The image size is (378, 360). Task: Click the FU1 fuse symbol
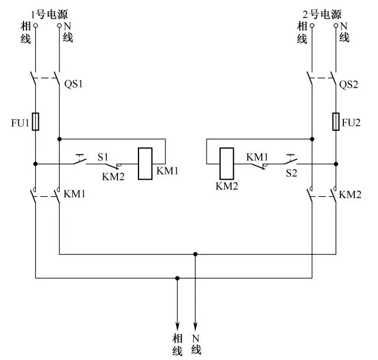click(x=35, y=122)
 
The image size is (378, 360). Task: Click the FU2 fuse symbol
click(x=336, y=122)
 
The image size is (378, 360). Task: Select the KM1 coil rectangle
click(x=145, y=164)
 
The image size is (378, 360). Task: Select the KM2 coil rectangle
click(x=227, y=164)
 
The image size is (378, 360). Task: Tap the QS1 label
click(x=73, y=84)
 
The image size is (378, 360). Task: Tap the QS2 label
click(x=348, y=85)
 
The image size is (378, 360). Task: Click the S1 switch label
click(x=103, y=157)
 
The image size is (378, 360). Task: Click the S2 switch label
click(x=291, y=173)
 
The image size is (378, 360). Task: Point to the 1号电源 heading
click(x=49, y=15)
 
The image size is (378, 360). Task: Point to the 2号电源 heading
click(x=322, y=15)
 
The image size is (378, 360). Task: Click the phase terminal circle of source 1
click(x=35, y=25)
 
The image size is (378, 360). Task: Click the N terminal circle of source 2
click(x=336, y=25)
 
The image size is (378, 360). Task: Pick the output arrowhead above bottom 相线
click(x=177, y=326)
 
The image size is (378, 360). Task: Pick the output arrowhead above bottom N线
click(x=195, y=326)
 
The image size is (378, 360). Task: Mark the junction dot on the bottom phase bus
click(x=177, y=278)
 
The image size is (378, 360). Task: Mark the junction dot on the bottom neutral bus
click(x=195, y=254)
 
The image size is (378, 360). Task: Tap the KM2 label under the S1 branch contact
click(x=113, y=177)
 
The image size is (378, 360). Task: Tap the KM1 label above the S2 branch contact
click(x=257, y=157)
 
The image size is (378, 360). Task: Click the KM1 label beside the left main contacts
click(x=74, y=194)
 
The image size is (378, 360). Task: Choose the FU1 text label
click(x=20, y=123)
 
